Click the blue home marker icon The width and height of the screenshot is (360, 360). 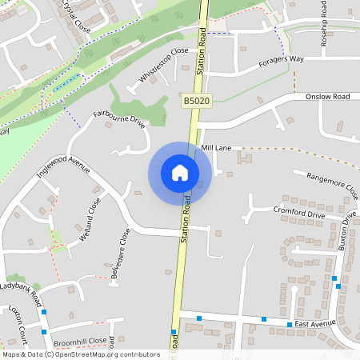click(x=180, y=173)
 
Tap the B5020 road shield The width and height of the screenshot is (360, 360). click(x=195, y=102)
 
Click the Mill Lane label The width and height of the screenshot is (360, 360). click(x=216, y=149)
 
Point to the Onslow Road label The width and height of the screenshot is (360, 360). click(x=328, y=97)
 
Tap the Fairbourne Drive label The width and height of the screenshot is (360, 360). click(x=119, y=120)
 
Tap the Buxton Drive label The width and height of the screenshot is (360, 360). click(x=346, y=233)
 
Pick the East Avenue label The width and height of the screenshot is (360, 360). click(x=314, y=323)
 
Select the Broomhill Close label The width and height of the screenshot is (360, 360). click(x=79, y=342)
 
